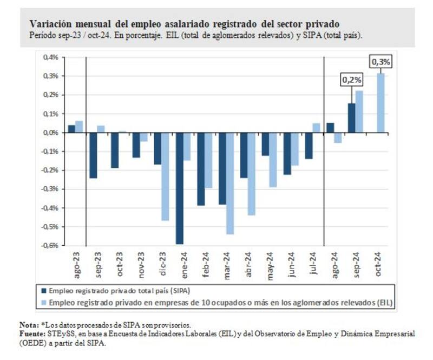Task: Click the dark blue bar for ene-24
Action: [179, 188]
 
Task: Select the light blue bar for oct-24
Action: [381, 103]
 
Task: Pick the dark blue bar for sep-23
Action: [93, 155]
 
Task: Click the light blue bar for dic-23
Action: [165, 176]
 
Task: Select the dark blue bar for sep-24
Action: [351, 117]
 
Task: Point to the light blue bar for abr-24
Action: [251, 173]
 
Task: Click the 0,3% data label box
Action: [380, 62]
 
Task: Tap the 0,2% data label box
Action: [351, 80]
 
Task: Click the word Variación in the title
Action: [49, 24]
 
